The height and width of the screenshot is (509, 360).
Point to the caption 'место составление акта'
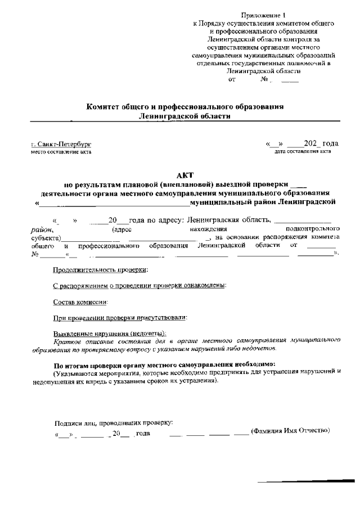coord(61,152)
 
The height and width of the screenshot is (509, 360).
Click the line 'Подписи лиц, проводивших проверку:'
coord(113,423)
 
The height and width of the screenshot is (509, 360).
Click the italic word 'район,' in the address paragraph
coord(42,229)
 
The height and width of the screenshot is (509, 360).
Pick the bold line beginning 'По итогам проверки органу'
coord(160,364)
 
